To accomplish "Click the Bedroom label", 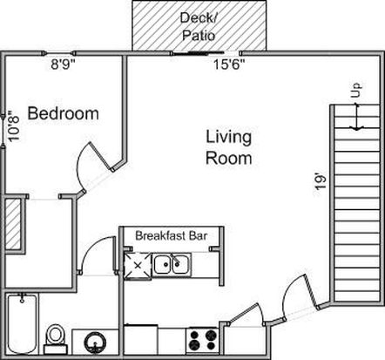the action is tap(64, 113).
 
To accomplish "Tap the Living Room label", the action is tap(229, 147).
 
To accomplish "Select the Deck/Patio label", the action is tap(199, 27).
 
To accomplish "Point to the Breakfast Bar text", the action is tap(172, 235).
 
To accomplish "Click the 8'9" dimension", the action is tap(63, 65).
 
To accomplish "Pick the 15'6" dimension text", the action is tap(229, 65).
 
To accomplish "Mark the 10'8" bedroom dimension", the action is tap(14, 126).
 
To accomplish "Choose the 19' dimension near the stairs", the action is tap(321, 182).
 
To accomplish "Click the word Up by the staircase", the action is tap(356, 91).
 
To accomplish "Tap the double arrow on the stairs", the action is tap(357, 117).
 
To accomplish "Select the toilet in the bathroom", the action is tap(55, 339).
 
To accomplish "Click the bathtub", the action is tap(22, 323).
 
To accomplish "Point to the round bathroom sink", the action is tap(95, 342).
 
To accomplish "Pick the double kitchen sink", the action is tap(172, 265).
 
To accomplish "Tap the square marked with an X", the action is tap(138, 266).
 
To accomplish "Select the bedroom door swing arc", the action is tap(78, 166).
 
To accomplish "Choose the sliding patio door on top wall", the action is tap(198, 53).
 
